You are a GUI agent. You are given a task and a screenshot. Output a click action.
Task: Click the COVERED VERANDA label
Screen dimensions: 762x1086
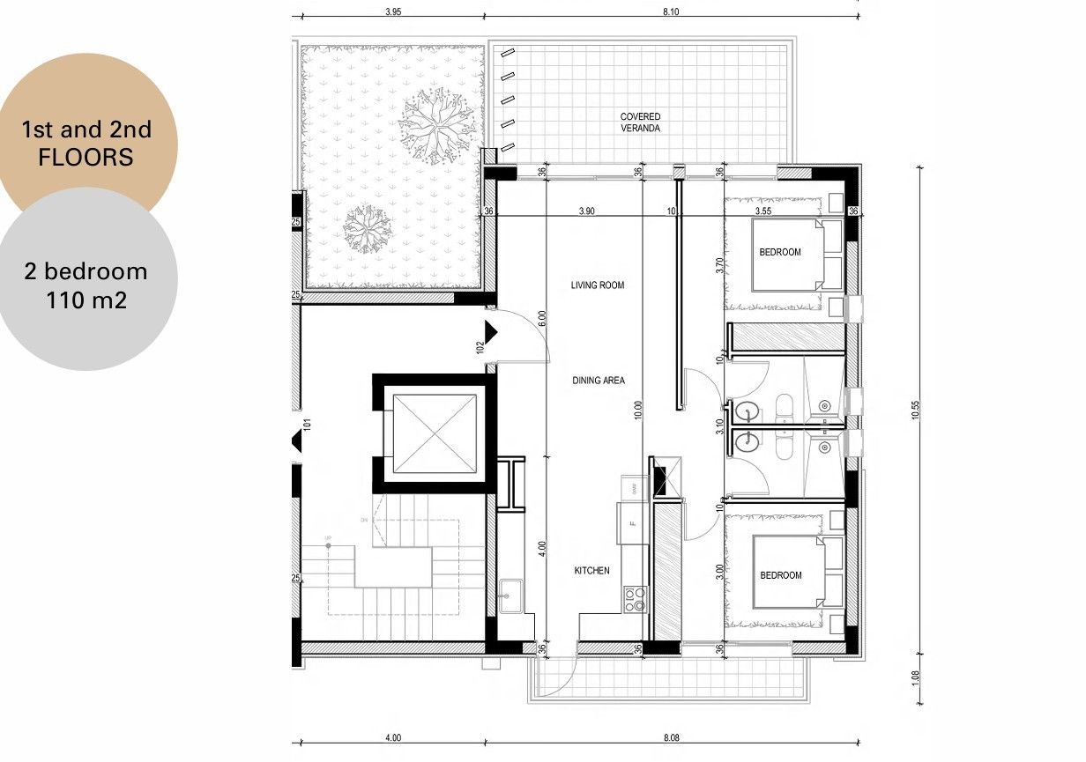coord(640,122)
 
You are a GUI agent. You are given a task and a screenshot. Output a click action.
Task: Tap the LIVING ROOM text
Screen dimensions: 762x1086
coord(597,285)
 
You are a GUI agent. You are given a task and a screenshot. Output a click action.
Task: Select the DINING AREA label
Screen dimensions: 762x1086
coord(599,381)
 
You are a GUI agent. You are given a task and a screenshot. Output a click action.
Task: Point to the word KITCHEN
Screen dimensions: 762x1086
coord(591,571)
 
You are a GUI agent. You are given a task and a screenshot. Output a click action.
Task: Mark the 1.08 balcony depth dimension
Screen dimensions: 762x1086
coord(916,679)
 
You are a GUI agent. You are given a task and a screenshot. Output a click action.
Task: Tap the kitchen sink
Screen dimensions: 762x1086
coord(510,597)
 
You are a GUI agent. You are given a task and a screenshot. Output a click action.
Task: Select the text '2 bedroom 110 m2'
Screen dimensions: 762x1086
coord(86,285)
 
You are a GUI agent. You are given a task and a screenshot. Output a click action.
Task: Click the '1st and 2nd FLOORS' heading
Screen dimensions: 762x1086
coord(86,144)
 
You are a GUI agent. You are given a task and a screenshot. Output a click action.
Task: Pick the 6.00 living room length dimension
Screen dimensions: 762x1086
coord(542,319)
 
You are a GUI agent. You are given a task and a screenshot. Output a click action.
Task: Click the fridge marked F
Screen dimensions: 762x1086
coord(631,522)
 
